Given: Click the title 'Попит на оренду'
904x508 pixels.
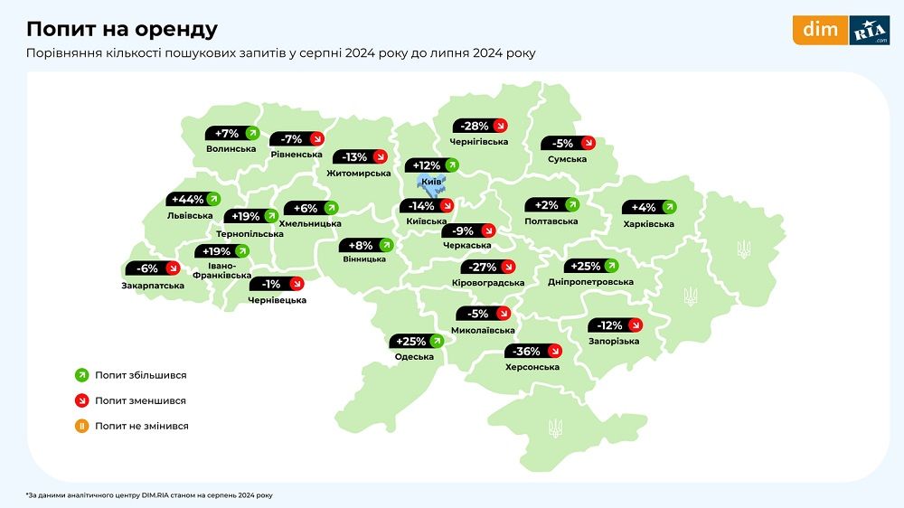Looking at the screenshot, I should point(121,29).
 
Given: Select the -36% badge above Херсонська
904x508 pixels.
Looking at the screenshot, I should point(533,352).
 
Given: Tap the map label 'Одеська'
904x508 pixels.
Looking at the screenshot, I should point(414,357).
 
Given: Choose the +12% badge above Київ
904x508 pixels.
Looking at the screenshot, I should point(432,165).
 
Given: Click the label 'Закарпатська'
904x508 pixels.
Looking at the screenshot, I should point(154,286).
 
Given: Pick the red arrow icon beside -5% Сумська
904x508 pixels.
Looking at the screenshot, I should point(588,143).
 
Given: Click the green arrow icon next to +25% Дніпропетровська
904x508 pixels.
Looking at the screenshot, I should point(611,267).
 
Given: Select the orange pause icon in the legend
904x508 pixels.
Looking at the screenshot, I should point(80,426).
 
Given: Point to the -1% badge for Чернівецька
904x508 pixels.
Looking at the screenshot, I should point(277,284).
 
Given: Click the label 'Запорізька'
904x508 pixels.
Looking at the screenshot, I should point(614,341).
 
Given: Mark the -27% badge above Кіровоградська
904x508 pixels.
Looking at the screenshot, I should point(487,268).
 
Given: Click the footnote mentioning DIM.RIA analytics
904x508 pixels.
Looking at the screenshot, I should point(149,495).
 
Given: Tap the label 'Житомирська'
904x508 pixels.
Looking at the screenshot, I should point(360,173).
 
